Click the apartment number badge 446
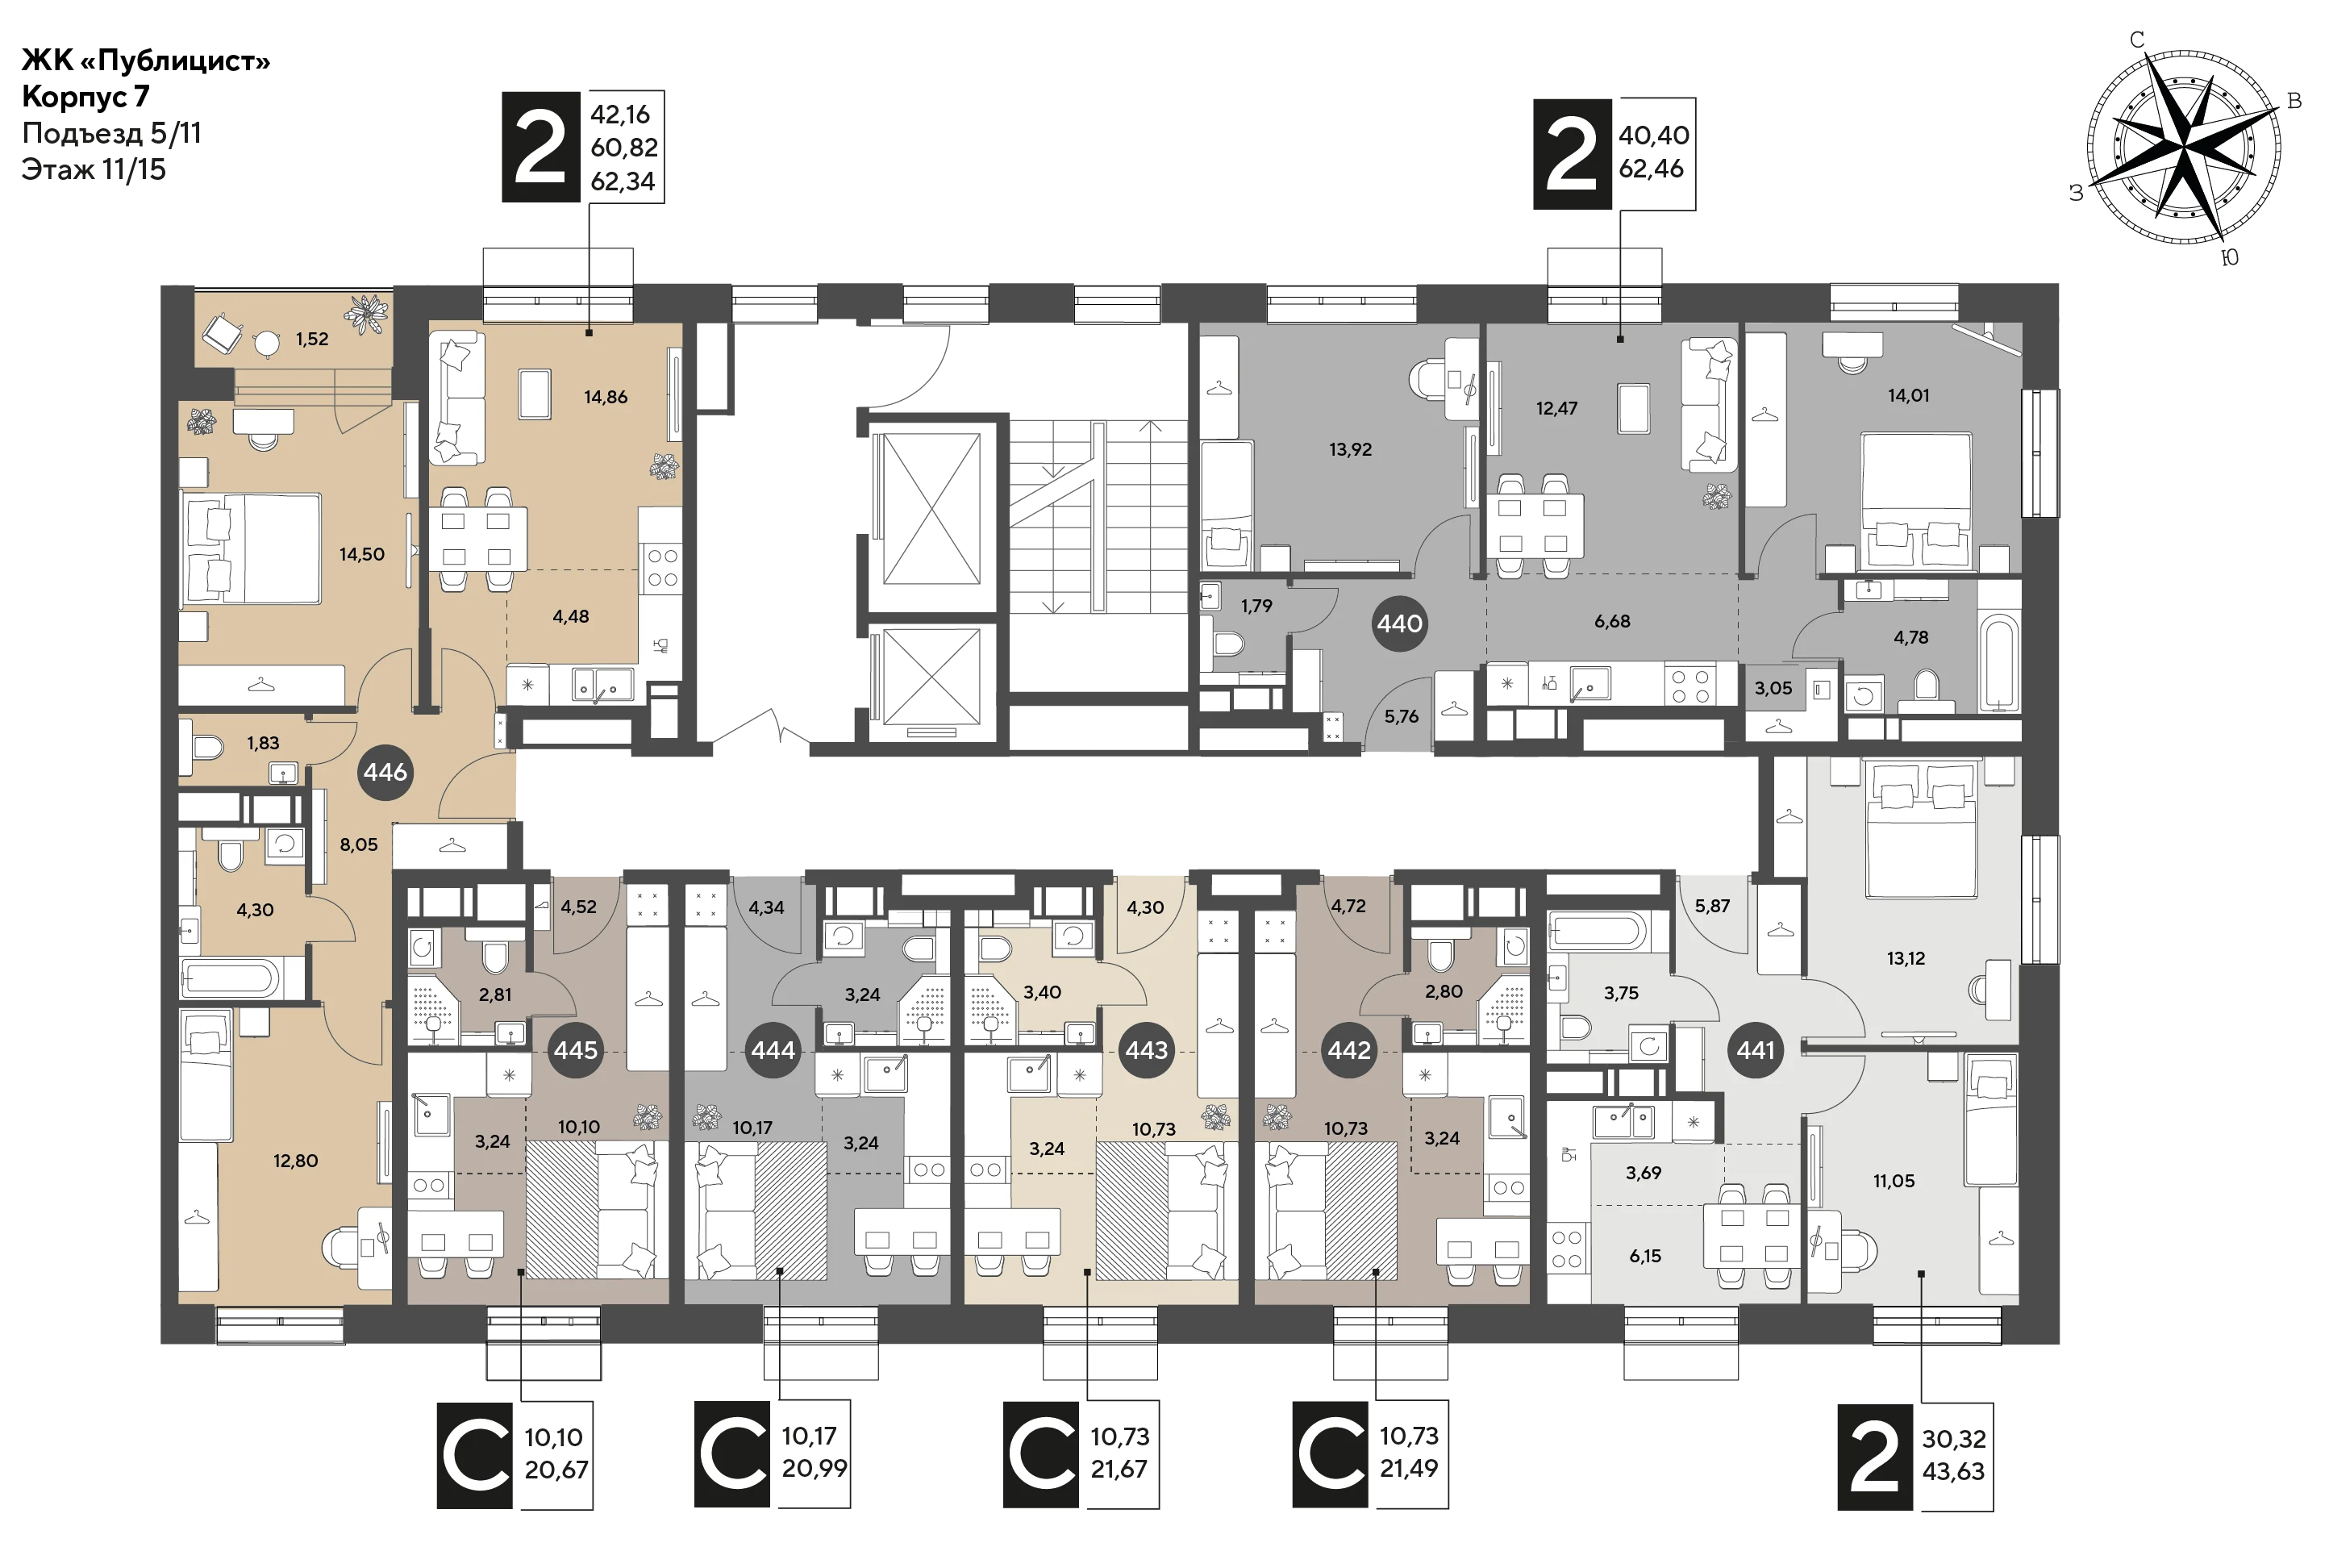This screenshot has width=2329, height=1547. [x=385, y=772]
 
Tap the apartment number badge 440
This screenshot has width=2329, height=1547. [x=1400, y=623]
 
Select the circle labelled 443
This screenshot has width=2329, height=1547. [x=1146, y=1050]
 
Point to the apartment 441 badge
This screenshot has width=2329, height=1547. [x=1756, y=1050]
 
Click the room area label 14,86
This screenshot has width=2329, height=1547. [x=606, y=397]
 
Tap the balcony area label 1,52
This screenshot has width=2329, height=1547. [x=312, y=340]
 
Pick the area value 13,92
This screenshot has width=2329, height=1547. [x=1351, y=449]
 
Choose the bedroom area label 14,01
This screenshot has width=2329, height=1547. [x=1908, y=394]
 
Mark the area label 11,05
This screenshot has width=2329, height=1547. [x=1893, y=1181]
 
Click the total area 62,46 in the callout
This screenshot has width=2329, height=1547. [x=1652, y=169]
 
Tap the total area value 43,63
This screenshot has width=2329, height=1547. [x=1953, y=1471]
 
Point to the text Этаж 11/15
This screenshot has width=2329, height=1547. [x=94, y=169]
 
